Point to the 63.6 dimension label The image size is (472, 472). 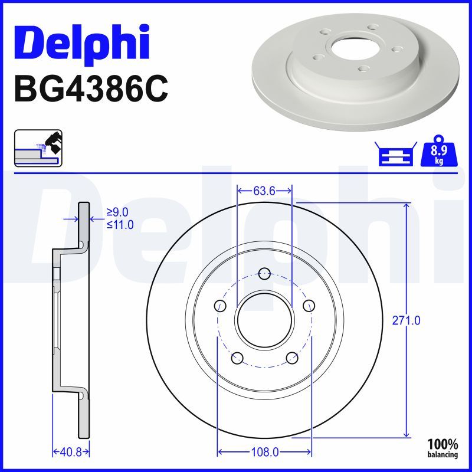point(264,191)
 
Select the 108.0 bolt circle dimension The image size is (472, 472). point(265,452)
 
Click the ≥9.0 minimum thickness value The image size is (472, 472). point(117,212)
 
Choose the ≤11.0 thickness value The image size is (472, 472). point(119,224)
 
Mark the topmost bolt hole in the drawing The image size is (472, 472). point(264,273)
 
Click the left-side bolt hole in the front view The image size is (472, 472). point(220,305)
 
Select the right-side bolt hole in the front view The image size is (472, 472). point(309,305)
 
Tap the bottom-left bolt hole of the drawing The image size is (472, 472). point(237,357)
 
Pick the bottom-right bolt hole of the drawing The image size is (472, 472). point(291,357)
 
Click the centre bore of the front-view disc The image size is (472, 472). point(264,320)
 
